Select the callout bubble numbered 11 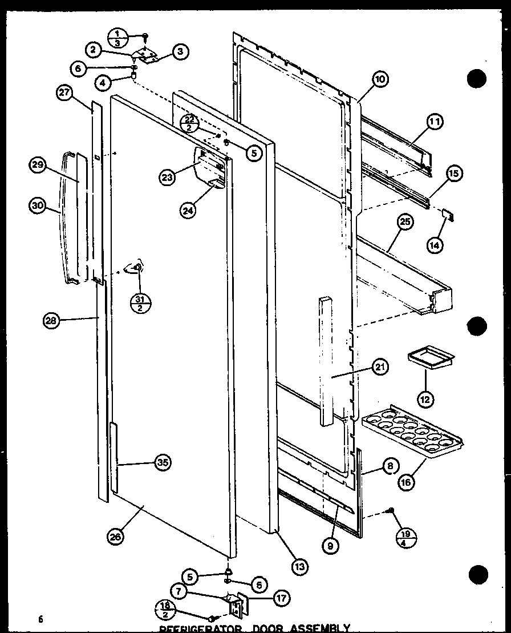(436, 121)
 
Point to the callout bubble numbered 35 (163, 462)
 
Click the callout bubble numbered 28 (51, 321)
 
